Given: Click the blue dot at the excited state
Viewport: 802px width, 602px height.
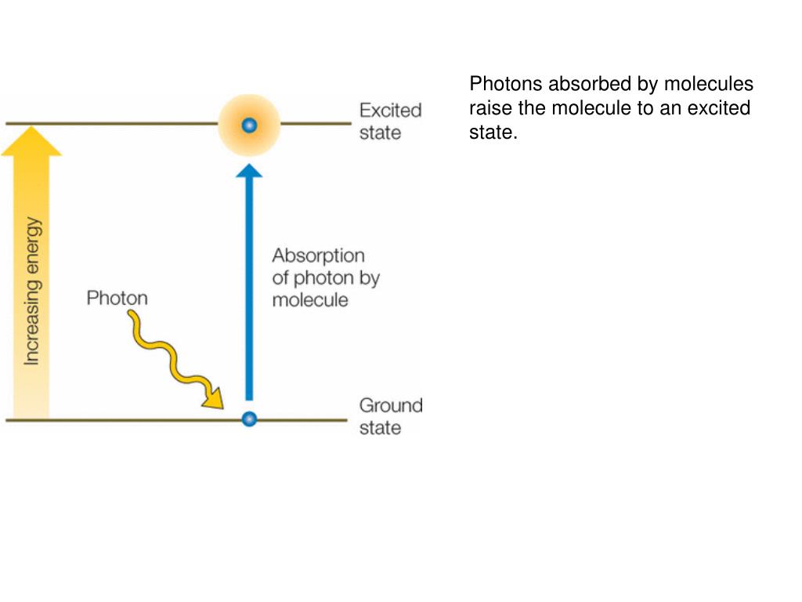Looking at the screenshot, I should (x=249, y=125).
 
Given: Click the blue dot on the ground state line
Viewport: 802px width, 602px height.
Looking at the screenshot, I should (x=249, y=419).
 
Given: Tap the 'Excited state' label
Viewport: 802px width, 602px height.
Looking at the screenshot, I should (x=390, y=121).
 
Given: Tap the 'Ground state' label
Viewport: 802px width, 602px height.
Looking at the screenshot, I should (x=390, y=416).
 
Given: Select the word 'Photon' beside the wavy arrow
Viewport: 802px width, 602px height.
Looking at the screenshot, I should (x=117, y=298).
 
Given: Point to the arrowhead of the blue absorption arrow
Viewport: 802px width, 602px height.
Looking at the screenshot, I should (x=249, y=170).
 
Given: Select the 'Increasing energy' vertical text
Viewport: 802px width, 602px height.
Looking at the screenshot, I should (x=32, y=291).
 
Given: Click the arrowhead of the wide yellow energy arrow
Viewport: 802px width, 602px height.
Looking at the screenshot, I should (x=31, y=142).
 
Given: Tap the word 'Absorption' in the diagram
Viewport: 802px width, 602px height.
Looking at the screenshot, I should (x=318, y=256).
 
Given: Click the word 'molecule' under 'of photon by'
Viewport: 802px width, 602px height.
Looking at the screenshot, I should (x=310, y=300).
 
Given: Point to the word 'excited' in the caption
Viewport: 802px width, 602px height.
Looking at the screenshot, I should (x=718, y=107).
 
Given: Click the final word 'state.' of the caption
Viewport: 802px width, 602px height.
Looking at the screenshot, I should (x=493, y=132).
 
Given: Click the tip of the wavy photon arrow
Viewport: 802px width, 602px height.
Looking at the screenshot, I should (x=219, y=404).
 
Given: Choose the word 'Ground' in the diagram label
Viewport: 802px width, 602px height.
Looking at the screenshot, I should (x=390, y=405).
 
